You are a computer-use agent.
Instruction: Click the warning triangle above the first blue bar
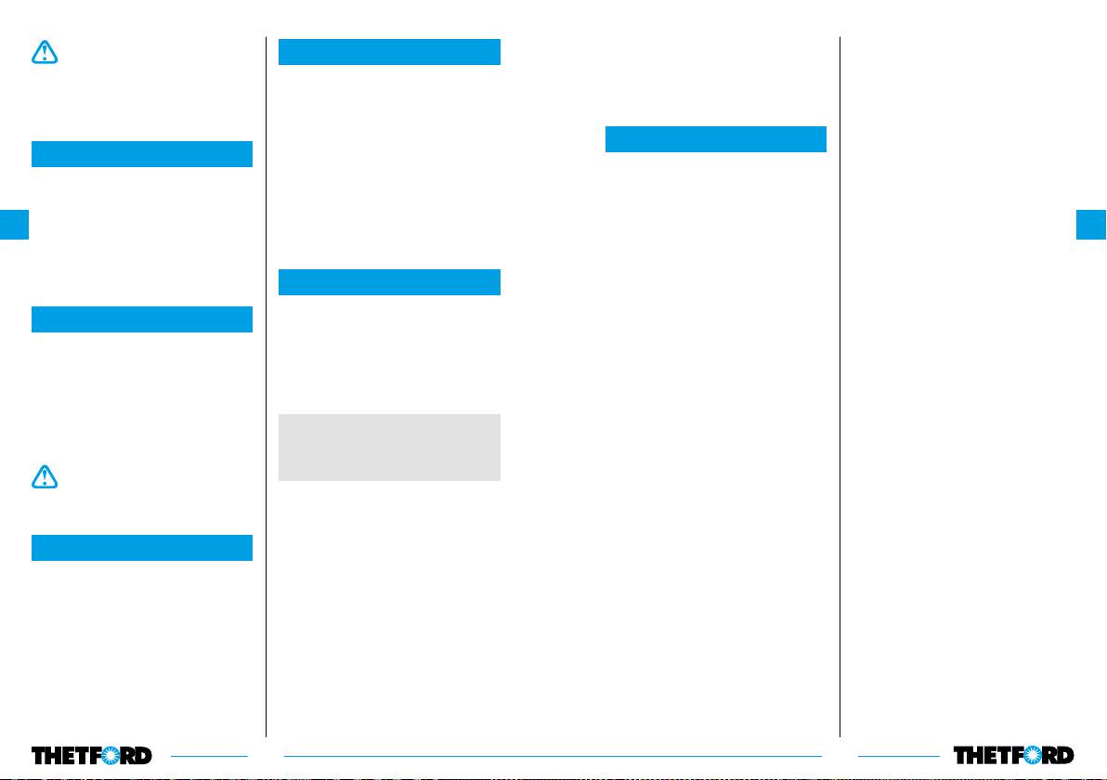coord(44,53)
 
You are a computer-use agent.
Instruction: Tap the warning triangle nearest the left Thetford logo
coord(44,476)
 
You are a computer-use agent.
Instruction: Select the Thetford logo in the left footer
coord(92,755)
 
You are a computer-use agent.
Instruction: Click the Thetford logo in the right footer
coord(1013,755)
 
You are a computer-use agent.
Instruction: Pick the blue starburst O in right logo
coord(1035,755)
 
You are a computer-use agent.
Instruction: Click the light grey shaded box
coord(389,448)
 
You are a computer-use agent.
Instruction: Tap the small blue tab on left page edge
coord(15,225)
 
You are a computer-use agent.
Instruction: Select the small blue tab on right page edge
coord(1091,225)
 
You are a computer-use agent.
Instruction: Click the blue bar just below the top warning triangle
coord(142,154)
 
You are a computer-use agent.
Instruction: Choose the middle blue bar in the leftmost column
coord(142,319)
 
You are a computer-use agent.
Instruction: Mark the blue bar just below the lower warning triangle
coord(142,548)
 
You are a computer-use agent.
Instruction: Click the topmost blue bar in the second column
coord(389,52)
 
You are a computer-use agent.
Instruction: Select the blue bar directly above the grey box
coord(389,282)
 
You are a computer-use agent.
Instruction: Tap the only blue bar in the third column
coord(715,139)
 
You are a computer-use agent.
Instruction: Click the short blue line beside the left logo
coord(209,755)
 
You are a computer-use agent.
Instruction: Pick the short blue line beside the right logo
coord(898,755)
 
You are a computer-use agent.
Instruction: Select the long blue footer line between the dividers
coord(553,755)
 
